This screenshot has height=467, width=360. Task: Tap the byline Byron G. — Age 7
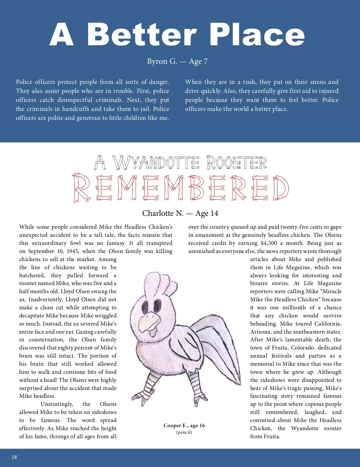click(177, 61)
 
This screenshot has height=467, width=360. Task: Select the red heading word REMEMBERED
click(180, 188)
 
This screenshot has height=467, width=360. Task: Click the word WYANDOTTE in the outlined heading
click(156, 163)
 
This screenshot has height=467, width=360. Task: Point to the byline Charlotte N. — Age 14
click(180, 213)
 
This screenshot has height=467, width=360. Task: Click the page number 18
click(14, 457)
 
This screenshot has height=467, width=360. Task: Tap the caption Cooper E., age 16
click(184, 426)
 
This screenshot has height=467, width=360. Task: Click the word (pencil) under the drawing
click(184, 432)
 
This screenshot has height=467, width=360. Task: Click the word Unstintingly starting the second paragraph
click(57, 404)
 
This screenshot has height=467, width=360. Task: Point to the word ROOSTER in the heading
click(236, 163)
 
